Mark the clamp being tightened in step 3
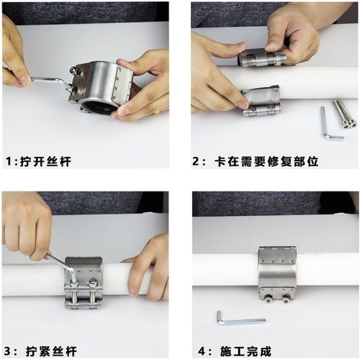(x=84, y=283)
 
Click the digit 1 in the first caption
(x=9, y=161)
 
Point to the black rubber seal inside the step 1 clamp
(x=97, y=108)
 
